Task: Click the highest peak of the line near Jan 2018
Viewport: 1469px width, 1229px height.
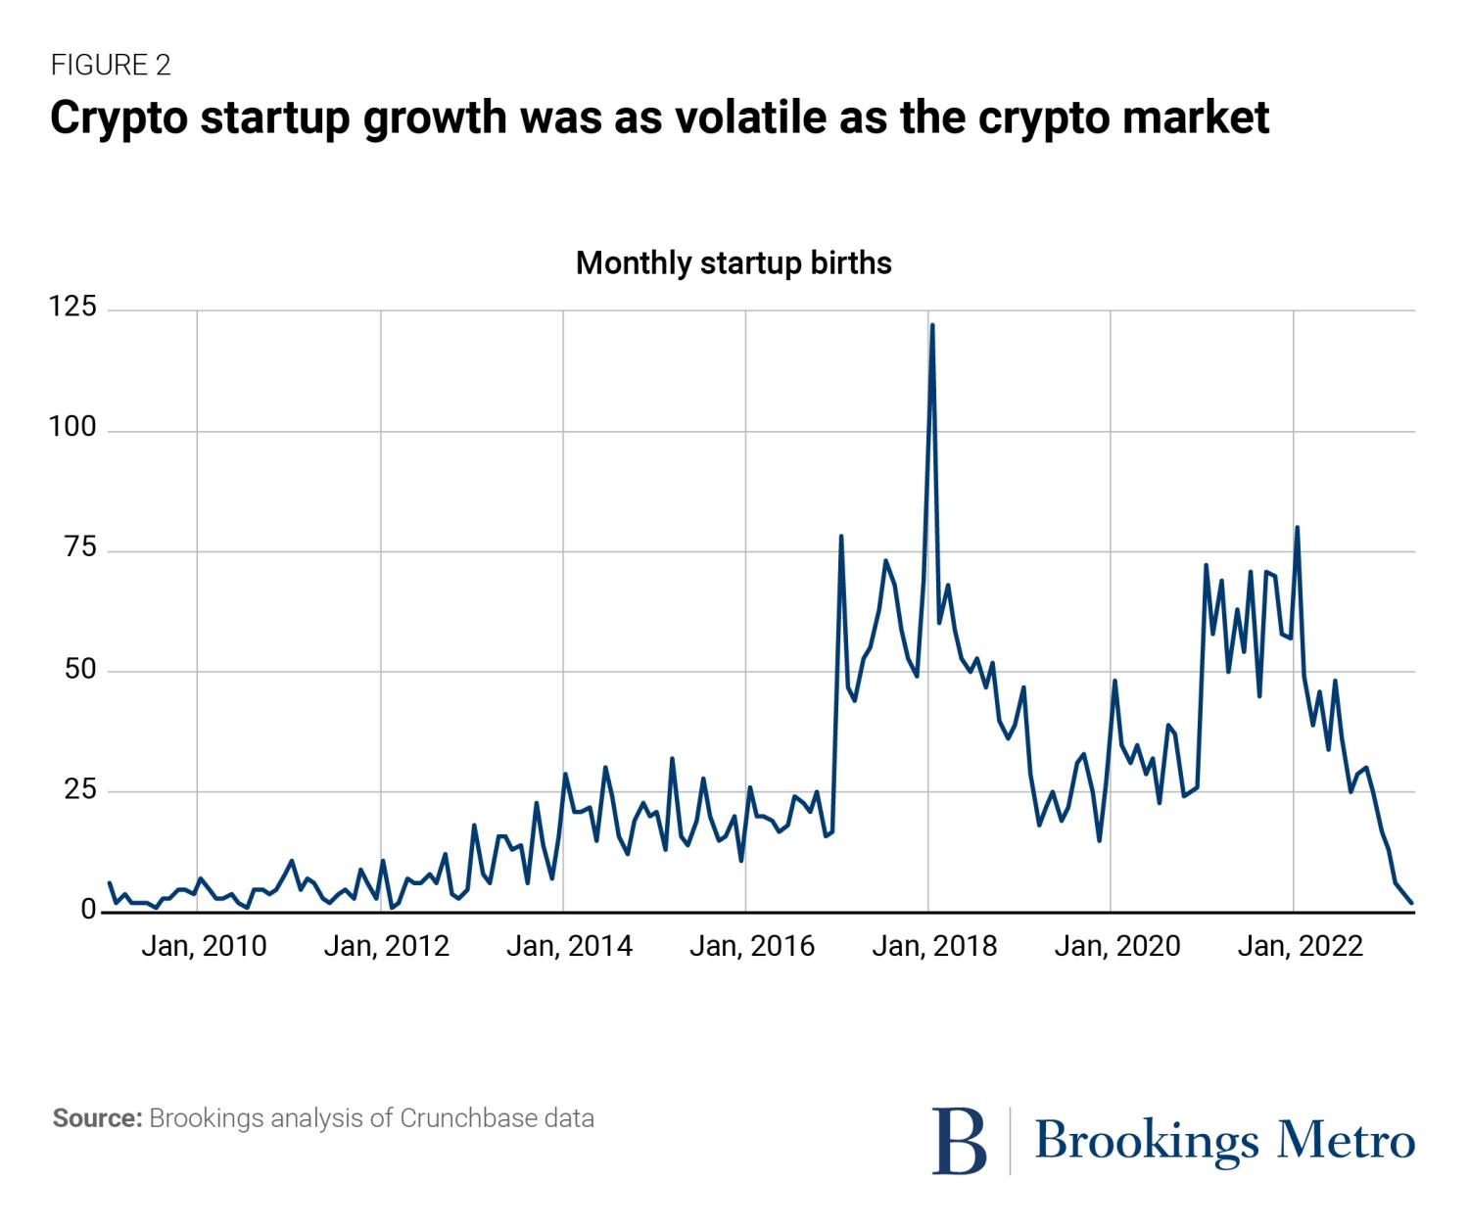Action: click(x=932, y=325)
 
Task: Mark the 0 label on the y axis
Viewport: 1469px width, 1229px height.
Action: click(x=88, y=911)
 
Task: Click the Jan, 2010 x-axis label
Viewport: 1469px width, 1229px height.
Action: click(x=204, y=946)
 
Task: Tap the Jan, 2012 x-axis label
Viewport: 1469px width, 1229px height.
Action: click(x=386, y=946)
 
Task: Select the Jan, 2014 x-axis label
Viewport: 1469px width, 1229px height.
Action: click(x=569, y=946)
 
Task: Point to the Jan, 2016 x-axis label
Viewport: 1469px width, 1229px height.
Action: click(x=752, y=946)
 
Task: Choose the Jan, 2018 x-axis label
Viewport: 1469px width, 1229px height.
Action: click(x=934, y=946)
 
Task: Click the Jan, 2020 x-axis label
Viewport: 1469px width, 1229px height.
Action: click(x=1117, y=946)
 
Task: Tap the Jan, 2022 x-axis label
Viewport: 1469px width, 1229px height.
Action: click(x=1300, y=946)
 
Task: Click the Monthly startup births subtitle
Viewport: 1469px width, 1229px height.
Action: click(x=734, y=263)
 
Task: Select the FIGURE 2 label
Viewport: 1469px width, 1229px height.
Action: click(x=111, y=66)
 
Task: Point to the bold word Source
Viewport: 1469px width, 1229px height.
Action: click(x=98, y=1118)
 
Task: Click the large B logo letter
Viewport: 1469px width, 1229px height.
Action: click(x=959, y=1141)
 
